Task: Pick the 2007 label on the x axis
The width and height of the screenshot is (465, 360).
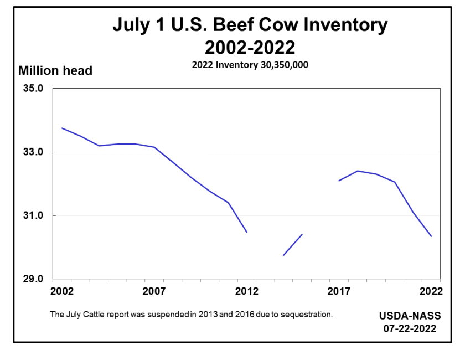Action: (154, 291)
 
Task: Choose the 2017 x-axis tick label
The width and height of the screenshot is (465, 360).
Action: (339, 291)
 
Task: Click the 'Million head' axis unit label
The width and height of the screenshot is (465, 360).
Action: (55, 71)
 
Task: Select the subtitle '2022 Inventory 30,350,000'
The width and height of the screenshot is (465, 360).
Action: (250, 64)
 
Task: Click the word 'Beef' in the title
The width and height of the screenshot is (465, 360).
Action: (239, 25)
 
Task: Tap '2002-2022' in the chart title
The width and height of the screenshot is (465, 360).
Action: (250, 46)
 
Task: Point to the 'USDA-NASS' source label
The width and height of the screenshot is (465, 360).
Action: (410, 316)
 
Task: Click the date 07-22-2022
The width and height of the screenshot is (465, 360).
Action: (410, 328)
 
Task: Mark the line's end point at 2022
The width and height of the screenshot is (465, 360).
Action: (431, 236)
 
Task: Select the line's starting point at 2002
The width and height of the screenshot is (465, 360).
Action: (61, 128)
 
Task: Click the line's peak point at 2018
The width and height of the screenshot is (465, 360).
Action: (358, 171)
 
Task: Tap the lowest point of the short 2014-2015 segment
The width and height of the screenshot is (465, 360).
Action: (283, 255)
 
